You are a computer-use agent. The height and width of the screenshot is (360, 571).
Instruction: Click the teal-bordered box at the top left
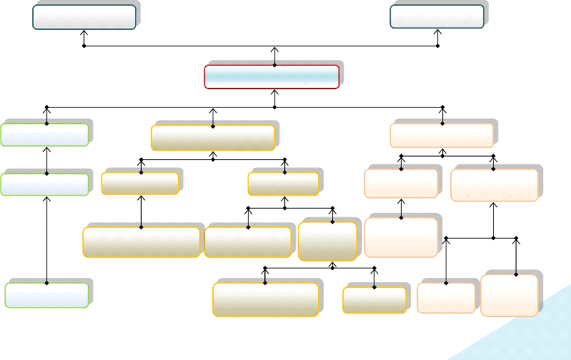click(84, 17)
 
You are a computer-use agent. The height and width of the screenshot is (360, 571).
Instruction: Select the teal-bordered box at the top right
click(437, 16)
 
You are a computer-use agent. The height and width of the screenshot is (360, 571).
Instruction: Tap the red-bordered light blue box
click(272, 76)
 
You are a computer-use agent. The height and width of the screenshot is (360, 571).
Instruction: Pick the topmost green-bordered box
click(45, 134)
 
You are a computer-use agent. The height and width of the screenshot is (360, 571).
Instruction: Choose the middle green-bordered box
click(45, 184)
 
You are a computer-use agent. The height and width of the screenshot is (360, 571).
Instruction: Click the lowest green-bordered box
click(46, 295)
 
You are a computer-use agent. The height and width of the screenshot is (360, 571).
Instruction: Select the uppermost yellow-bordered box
click(213, 137)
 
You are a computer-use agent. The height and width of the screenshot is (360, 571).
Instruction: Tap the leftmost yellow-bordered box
click(141, 242)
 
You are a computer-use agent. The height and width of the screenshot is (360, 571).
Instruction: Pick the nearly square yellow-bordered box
click(327, 241)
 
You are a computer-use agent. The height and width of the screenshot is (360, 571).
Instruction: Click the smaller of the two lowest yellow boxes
click(374, 300)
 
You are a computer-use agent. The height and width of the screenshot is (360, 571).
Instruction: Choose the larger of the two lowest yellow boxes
click(265, 299)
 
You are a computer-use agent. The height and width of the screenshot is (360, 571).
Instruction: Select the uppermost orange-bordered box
click(442, 134)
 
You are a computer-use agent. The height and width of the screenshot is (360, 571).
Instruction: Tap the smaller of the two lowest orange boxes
click(446, 298)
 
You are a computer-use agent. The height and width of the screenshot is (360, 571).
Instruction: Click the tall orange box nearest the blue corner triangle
click(510, 294)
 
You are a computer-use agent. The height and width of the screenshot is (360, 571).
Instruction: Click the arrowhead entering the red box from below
click(274, 92)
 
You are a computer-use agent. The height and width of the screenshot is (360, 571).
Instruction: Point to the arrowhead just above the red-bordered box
click(274, 52)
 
